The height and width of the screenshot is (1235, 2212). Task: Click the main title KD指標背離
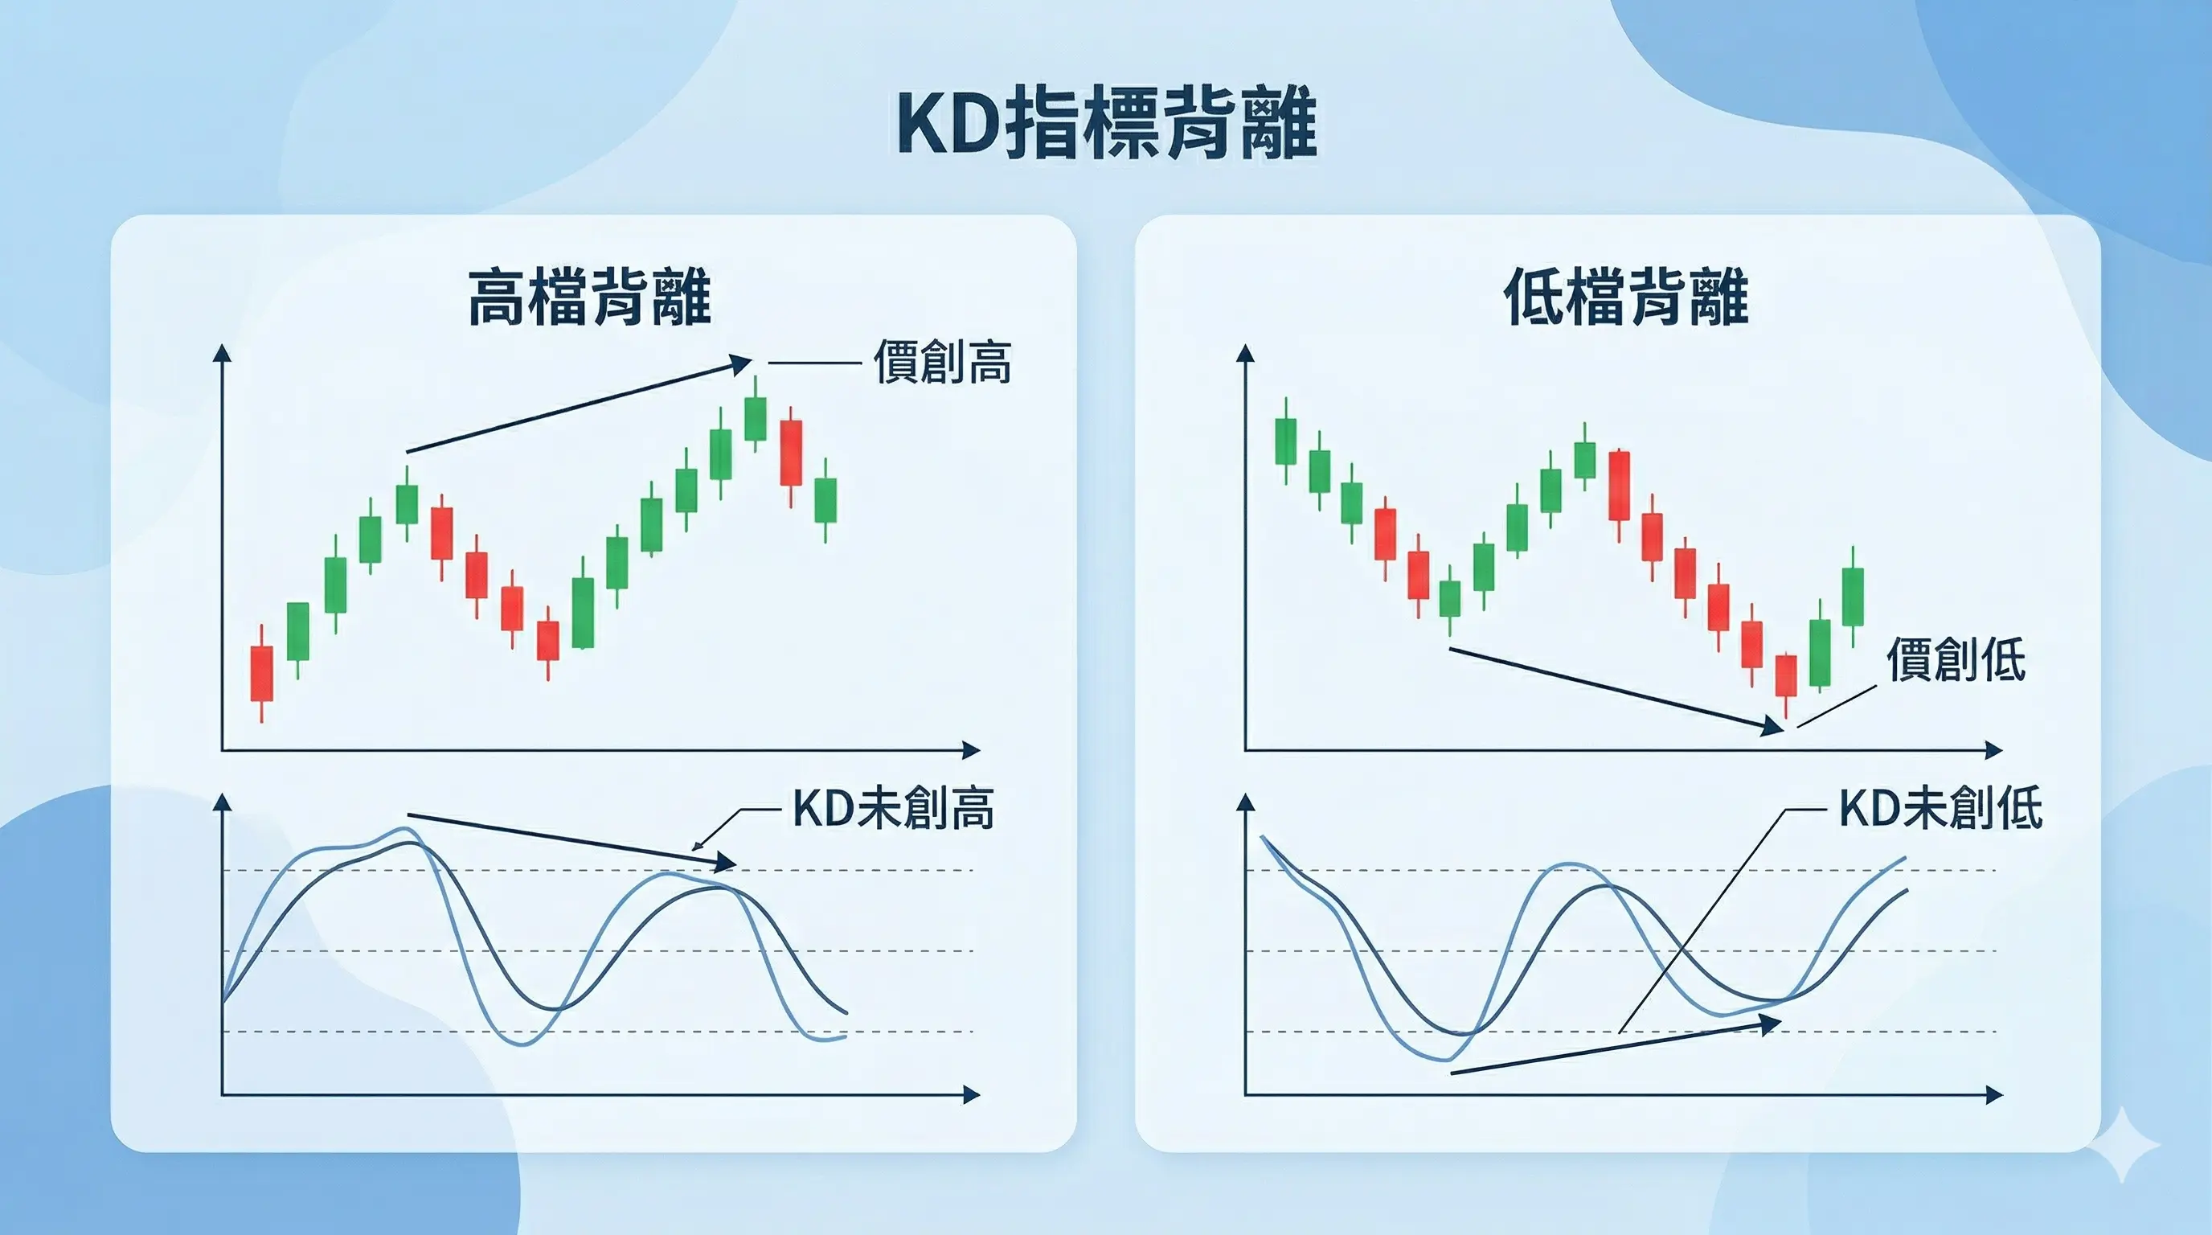tap(1106, 125)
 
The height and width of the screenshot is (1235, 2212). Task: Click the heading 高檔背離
tap(590, 297)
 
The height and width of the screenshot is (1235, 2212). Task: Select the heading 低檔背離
tap(1626, 297)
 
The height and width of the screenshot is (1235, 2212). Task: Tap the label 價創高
tap(942, 363)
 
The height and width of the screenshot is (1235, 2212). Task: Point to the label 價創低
tap(1956, 659)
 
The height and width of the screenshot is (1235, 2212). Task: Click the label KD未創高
tap(893, 808)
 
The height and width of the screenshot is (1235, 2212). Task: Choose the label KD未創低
tap(1940, 808)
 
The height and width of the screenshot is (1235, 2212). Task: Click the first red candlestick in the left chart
tap(261, 673)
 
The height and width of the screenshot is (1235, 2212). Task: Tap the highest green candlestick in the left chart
tap(755, 418)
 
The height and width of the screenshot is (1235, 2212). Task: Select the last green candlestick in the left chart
tap(825, 500)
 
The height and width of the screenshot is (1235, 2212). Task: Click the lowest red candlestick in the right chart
tap(1786, 676)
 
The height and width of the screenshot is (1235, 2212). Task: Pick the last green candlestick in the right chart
tap(1853, 596)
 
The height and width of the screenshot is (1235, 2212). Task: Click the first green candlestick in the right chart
tap(1285, 441)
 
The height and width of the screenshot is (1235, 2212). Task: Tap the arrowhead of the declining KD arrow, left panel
tap(727, 862)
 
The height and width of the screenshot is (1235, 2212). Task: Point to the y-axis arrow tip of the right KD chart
tap(1245, 802)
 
